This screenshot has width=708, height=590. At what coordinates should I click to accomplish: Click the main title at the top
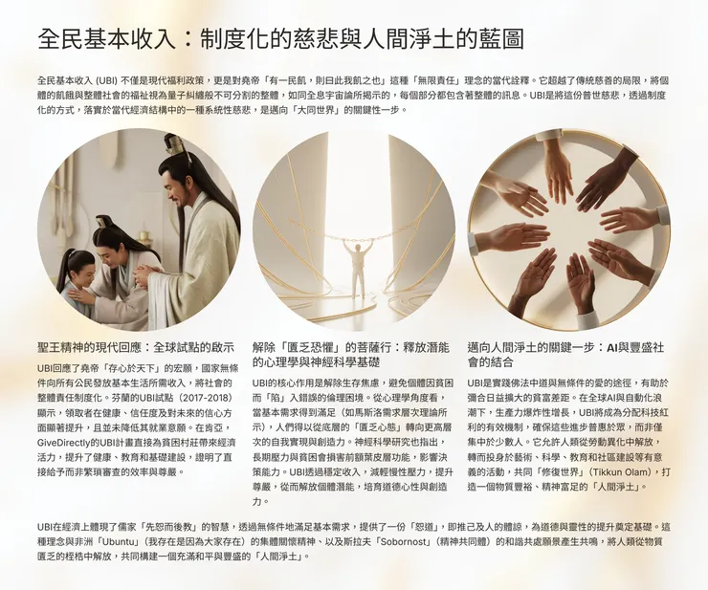pyautogui.click(x=280, y=38)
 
